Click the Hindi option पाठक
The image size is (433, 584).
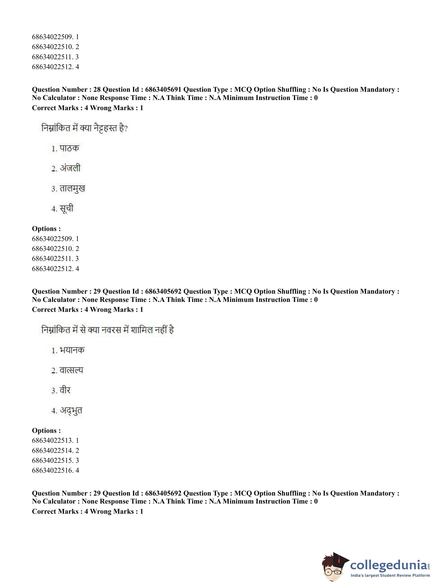[x=69, y=148]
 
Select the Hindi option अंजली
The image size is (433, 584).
[x=70, y=168]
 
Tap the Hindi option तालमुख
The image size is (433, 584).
[x=72, y=189]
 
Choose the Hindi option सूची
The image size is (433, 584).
[x=66, y=209]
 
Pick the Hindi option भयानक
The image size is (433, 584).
[x=72, y=350]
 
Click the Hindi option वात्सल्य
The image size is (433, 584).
[x=71, y=370]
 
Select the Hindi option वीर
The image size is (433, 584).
[x=65, y=390]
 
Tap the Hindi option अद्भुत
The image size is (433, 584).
[x=71, y=410]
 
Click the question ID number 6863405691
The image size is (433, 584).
[x=163, y=90]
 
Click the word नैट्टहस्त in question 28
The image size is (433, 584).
[x=105, y=129]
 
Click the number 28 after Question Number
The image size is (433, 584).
[x=97, y=90]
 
